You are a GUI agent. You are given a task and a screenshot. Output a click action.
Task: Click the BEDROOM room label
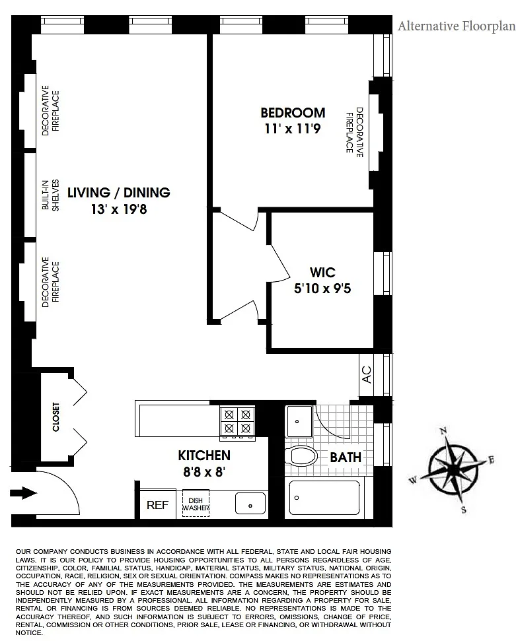293,112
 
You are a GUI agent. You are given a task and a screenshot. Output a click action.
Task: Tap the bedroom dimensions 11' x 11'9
292,129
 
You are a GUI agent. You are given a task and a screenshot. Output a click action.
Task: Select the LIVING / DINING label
119,193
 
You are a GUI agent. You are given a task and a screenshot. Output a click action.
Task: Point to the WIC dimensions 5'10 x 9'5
322,288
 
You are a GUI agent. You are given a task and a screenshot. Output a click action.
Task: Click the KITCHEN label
204,455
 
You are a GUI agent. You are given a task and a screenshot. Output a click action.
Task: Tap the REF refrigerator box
157,504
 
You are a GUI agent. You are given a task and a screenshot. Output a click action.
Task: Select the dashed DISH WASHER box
196,504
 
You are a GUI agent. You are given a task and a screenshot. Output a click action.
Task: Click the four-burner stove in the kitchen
237,422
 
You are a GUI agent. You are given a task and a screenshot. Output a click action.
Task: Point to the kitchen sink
250,503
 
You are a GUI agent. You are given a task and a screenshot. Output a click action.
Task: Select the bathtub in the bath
324,498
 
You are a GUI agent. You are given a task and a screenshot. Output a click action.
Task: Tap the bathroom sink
299,421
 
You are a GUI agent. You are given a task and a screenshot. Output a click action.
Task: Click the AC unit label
367,374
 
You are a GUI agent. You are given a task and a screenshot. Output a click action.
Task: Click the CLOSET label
56,417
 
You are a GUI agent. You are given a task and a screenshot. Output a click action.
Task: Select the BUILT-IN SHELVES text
51,195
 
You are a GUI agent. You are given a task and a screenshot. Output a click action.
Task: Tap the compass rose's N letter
443,430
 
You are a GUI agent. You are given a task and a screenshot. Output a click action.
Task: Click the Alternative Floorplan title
457,26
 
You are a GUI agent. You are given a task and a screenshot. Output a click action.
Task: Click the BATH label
346,457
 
